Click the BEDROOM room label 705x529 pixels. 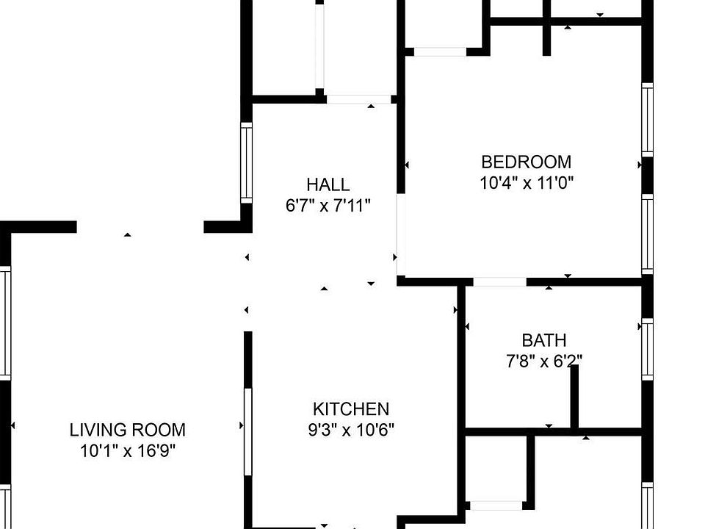pyautogui.click(x=526, y=162)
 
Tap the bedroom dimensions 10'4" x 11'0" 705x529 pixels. pyautogui.click(x=526, y=182)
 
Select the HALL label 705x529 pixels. pyautogui.click(x=328, y=184)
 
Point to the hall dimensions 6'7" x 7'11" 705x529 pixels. pyautogui.click(x=328, y=205)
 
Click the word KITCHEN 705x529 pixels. pyautogui.click(x=351, y=409)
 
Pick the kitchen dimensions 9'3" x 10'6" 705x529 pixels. pyautogui.click(x=351, y=430)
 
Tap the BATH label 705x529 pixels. pyautogui.click(x=544, y=340)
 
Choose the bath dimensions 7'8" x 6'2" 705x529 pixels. pyautogui.click(x=544, y=361)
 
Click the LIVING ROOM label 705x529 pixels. pyautogui.click(x=128, y=430)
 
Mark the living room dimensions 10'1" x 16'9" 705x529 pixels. pyautogui.click(x=128, y=450)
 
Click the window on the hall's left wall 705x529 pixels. pyautogui.click(x=247, y=162)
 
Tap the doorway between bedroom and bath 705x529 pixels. pyautogui.click(x=499, y=282)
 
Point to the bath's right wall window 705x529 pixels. pyautogui.click(x=647, y=349)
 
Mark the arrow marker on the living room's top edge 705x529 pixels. pyautogui.click(x=128, y=234)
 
